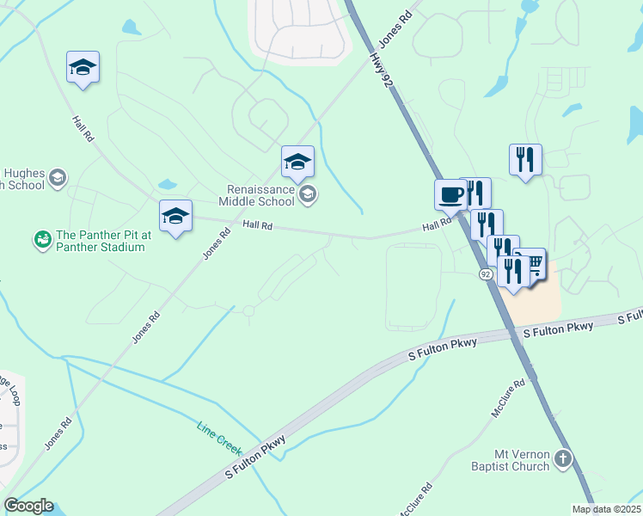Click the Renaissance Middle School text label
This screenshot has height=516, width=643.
[x=260, y=195]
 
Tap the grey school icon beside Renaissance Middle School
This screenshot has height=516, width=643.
[x=308, y=195]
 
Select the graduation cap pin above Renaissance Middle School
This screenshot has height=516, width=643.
[x=297, y=162]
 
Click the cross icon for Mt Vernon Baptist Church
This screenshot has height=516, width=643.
[x=563, y=458]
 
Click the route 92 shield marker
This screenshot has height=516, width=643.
[x=486, y=273]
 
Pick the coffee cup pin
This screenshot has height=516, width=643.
[x=450, y=195]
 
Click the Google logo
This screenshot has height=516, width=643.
[x=28, y=506]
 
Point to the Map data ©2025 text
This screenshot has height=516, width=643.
[x=606, y=509]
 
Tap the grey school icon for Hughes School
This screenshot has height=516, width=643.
[x=58, y=178]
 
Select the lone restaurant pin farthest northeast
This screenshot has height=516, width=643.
[x=525, y=159]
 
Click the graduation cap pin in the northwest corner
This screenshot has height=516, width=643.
[x=83, y=67]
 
